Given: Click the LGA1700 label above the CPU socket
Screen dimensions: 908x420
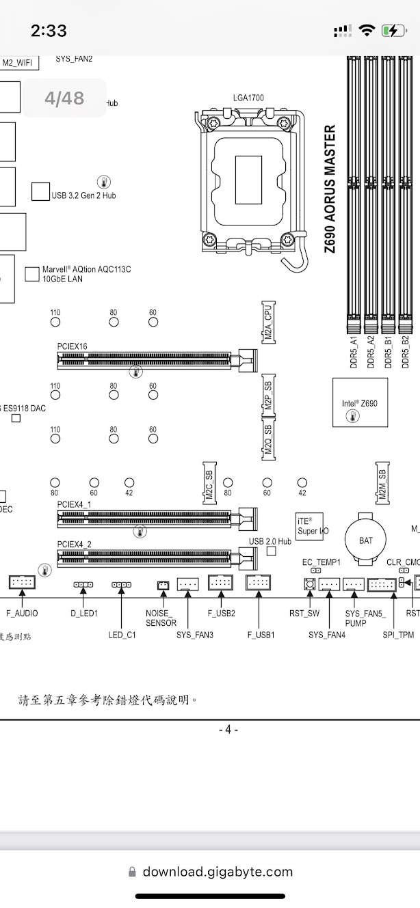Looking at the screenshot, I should click(x=248, y=98).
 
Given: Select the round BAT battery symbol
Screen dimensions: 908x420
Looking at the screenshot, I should click(x=366, y=540).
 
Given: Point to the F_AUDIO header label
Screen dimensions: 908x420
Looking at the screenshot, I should click(x=22, y=614).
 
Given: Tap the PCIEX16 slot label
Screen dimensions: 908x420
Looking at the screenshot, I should click(x=72, y=346).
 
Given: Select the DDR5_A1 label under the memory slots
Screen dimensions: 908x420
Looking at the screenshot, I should click(x=354, y=353).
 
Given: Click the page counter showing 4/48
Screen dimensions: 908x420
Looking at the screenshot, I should click(x=64, y=98).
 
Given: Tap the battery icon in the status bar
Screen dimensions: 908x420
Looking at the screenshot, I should click(x=394, y=31).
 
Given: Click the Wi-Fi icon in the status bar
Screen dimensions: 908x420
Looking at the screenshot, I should click(x=367, y=31).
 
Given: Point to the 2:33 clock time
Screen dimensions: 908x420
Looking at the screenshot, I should click(x=49, y=31).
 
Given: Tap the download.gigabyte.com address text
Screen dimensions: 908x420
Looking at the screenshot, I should click(x=218, y=872).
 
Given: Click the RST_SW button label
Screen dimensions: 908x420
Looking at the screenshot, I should click(x=304, y=614).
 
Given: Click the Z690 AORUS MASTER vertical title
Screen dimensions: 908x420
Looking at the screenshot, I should click(x=330, y=189).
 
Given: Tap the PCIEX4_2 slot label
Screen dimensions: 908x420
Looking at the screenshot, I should click(x=75, y=544).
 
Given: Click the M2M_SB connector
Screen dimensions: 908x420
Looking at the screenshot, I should click(x=382, y=483).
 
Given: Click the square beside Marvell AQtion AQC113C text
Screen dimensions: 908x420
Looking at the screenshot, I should click(x=31, y=274).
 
